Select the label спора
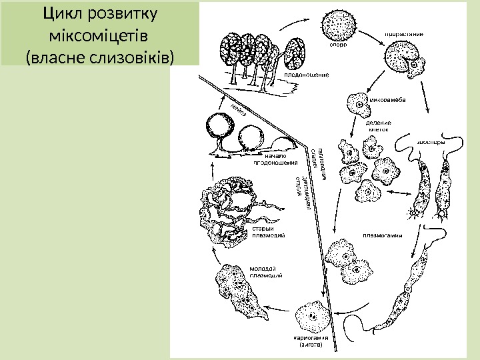pos(338,45)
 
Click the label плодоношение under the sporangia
pos(307,75)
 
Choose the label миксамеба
pos(389,101)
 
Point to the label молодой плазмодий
pos(265,271)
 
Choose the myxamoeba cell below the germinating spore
pos(357,105)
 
